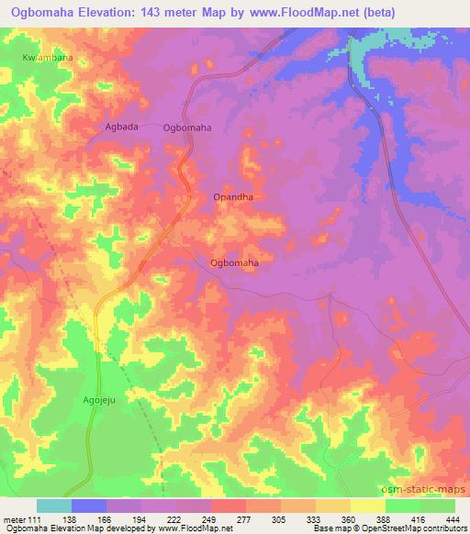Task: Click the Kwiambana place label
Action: click(x=47, y=58)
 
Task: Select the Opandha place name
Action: click(x=232, y=197)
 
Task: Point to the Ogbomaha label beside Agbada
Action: click(x=187, y=128)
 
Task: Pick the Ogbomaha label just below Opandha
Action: click(x=234, y=263)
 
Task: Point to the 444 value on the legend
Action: click(x=453, y=519)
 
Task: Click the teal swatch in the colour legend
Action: click(x=54, y=506)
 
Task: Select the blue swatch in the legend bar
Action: click(x=89, y=506)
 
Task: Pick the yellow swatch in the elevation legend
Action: click(x=367, y=506)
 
